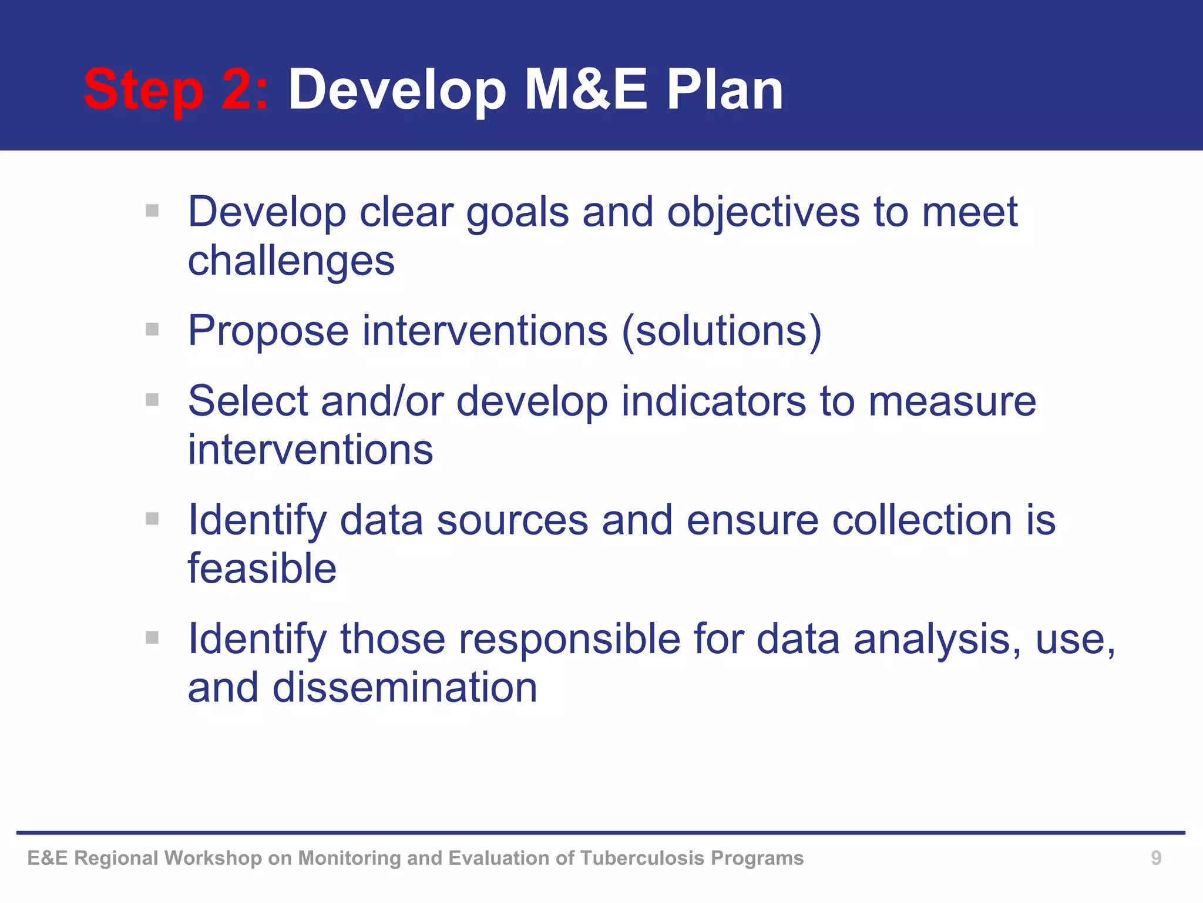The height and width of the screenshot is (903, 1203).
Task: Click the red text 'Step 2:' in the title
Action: [175, 91]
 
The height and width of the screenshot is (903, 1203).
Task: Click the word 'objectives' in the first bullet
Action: [763, 213]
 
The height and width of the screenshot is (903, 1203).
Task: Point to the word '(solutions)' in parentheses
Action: [721, 331]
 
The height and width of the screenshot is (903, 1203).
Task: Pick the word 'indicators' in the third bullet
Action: [714, 402]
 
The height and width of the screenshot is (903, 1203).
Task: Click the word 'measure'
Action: [952, 403]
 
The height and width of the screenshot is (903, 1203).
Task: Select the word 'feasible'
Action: [262, 568]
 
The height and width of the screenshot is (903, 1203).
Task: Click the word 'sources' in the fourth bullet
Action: [512, 521]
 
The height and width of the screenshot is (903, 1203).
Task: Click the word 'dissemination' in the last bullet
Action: [405, 688]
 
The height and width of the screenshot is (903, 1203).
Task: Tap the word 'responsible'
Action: [569, 639]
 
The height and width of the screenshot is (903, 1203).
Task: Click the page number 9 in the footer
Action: [1155, 858]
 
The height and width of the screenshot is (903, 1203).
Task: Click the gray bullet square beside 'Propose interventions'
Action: [152, 329]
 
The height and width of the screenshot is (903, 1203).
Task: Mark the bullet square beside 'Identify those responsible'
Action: [152, 637]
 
